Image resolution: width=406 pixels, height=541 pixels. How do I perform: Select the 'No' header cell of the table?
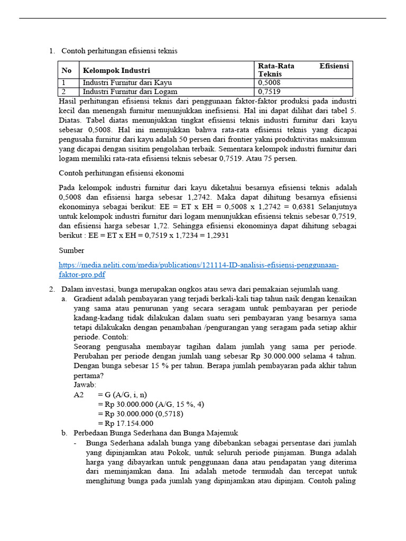coord(67,70)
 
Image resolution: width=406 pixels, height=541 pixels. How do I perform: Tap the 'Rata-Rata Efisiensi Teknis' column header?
coord(303,70)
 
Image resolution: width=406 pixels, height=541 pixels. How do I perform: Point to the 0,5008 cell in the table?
coord(270,83)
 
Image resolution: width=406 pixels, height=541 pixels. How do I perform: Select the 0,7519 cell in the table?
coord(270,91)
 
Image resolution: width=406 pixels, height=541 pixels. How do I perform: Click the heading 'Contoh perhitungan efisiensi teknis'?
coord(119,51)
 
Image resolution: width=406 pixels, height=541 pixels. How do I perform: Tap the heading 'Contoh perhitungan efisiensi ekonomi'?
coord(121,173)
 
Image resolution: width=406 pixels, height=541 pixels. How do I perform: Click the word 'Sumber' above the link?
coord(71,250)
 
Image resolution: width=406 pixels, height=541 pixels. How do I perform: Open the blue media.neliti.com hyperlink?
coord(198,265)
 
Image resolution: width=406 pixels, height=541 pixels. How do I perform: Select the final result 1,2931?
coord(217,235)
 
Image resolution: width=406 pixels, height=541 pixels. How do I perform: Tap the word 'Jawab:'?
coord(85,385)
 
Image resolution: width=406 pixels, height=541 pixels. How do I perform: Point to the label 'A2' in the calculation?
coord(79,395)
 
